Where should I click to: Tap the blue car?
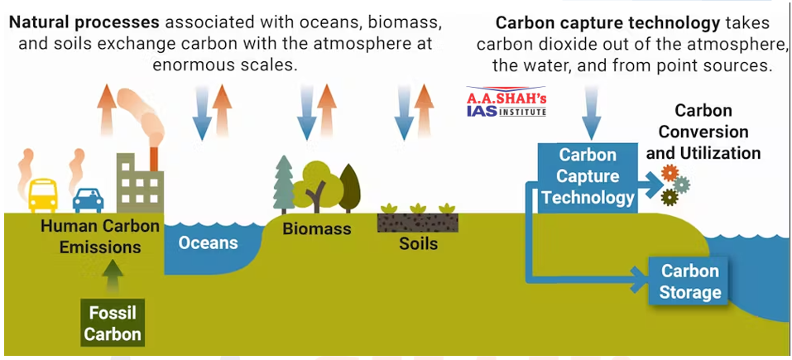pyautogui.click(x=88, y=199)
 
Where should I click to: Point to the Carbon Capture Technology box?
pyautogui.click(x=588, y=176)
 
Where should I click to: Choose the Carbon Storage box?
pyautogui.click(x=690, y=281)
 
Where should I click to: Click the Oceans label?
pyautogui.click(x=209, y=243)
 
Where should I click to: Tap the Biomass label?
pyautogui.click(x=317, y=229)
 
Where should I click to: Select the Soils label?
pyautogui.click(x=418, y=244)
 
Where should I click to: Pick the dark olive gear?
pyautogui.click(x=670, y=197)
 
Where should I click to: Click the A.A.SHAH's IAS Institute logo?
pyautogui.click(x=506, y=102)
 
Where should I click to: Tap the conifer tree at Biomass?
pyautogui.click(x=284, y=183)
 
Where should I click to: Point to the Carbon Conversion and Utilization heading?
pyautogui.click(x=703, y=132)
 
